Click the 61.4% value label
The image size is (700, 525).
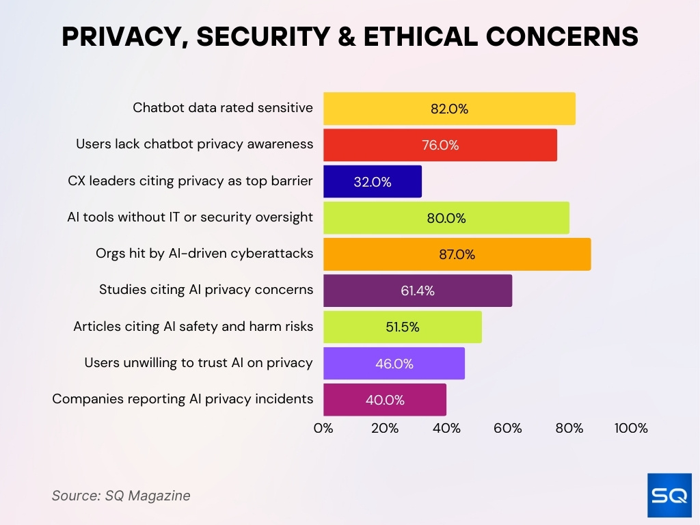pyautogui.click(x=417, y=291)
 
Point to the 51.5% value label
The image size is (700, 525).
pyautogui.click(x=402, y=327)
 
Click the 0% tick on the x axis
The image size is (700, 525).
pyautogui.click(x=323, y=429)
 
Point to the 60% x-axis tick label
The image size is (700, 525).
pyautogui.click(x=508, y=429)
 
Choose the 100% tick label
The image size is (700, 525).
pyautogui.click(x=630, y=429)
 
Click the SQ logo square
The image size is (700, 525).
pyautogui.click(x=669, y=495)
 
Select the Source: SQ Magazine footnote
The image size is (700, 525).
pyautogui.click(x=121, y=496)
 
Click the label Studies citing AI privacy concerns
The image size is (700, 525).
pyautogui.click(x=206, y=290)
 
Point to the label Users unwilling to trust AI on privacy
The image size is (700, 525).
pyautogui.click(x=198, y=363)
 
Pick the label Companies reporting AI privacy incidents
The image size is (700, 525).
pyautogui.click(x=183, y=399)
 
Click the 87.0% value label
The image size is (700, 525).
pyautogui.click(x=457, y=254)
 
